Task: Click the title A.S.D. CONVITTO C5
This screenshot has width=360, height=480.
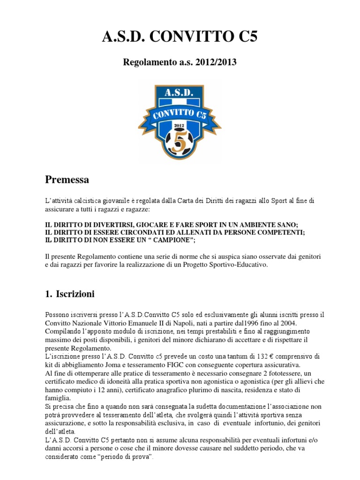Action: [180, 37]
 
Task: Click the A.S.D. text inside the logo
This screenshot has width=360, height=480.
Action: [180, 93]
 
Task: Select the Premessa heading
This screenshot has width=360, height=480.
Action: [67, 180]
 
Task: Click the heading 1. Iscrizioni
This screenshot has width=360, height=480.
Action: [70, 294]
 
